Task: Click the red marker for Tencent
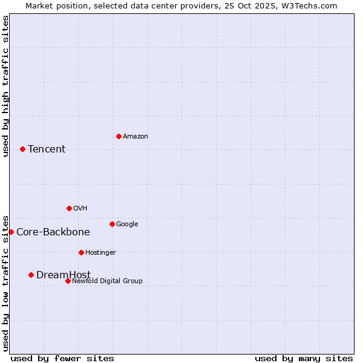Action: point(22,149)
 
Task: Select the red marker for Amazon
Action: point(119,136)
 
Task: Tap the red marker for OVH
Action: point(69,208)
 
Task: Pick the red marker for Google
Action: point(112,224)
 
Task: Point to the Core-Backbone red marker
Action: point(11,232)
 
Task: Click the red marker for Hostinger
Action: point(81,252)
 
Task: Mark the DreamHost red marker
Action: point(31,275)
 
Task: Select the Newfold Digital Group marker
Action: point(68,281)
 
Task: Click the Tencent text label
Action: point(47,149)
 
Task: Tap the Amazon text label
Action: point(136,137)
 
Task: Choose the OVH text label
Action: point(80,209)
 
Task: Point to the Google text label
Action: point(127,224)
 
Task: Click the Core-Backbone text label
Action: point(53,232)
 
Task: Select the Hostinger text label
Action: point(100,253)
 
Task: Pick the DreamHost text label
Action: point(64,275)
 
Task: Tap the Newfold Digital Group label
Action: point(107,281)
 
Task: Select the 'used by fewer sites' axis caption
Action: point(62,358)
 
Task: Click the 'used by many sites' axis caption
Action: point(304,358)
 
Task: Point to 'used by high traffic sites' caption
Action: point(5,86)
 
